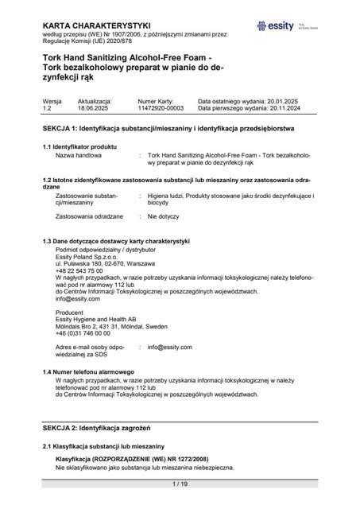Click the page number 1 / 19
[180, 484]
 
